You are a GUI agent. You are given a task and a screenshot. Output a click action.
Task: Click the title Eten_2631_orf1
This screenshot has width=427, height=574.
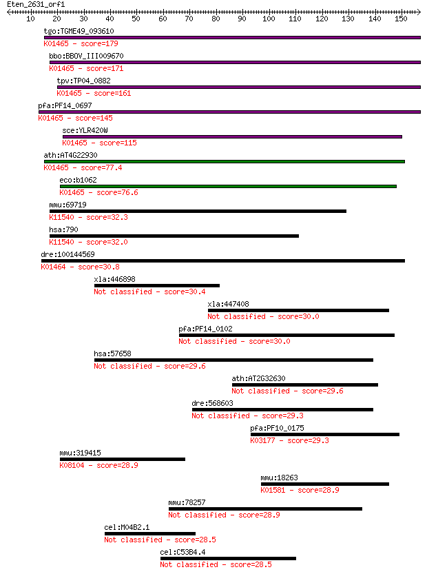pos(36,4)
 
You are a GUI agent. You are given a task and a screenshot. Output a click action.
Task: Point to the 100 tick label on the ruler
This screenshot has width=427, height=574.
pos(269,19)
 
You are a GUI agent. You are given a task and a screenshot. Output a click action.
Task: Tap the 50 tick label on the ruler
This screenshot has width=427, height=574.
pos(136,19)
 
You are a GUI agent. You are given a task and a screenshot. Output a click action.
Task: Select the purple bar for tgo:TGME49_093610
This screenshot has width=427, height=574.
pos(232,37)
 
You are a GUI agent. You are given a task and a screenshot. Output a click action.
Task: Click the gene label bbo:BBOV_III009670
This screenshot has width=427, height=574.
pos(86,56)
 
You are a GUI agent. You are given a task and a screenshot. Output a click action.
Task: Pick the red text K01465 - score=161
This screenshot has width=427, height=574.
pos(94,93)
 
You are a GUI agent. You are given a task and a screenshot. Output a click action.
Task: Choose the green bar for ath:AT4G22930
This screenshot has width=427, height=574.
pos(225,161)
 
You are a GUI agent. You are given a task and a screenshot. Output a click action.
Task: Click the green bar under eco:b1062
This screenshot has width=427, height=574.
pos(228,186)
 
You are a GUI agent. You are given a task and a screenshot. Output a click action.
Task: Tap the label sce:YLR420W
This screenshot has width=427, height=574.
pos(85,130)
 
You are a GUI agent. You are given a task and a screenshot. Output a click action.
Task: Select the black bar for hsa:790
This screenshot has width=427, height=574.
pos(174,236)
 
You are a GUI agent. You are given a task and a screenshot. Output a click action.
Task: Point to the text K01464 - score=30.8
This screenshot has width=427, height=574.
pos(80,267)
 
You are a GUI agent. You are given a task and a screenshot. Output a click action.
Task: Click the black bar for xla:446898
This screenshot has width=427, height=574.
pos(157,285)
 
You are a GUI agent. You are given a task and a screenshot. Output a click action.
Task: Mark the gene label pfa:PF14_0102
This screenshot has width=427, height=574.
pos(205,329)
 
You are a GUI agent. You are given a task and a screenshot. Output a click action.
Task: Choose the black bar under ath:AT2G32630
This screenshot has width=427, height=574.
pos(305,385)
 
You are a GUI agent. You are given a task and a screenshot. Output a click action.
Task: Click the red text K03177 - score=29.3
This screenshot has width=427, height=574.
pos(289,440)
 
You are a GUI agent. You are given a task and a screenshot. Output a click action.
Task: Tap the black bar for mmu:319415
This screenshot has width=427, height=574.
pos(123,459)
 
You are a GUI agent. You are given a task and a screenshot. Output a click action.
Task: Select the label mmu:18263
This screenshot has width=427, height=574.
pos(279,478)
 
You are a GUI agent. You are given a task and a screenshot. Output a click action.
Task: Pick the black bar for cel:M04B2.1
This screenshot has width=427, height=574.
pos(150,534)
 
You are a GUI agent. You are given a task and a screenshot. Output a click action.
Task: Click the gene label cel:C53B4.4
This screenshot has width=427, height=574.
pos(183,552)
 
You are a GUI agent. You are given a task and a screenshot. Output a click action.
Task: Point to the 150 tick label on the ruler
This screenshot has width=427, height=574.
pos(401,19)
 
